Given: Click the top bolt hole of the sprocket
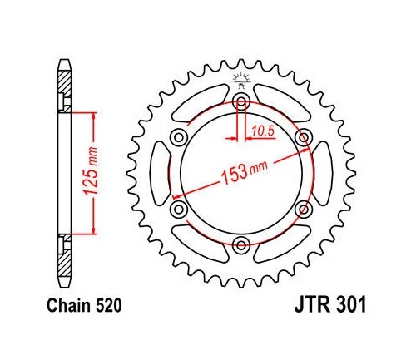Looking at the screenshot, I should [x=241, y=102].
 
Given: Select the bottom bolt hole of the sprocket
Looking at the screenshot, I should [x=241, y=244].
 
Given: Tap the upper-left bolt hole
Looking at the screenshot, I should [x=179, y=138].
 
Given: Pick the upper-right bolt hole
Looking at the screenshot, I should [x=303, y=138].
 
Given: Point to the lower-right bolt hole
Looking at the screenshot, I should [x=303, y=209].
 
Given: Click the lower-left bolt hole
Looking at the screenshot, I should [x=179, y=209].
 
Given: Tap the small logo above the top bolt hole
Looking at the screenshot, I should [x=241, y=81].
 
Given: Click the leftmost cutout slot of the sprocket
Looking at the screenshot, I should [x=161, y=173].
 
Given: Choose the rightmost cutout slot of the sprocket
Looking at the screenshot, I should [x=321, y=173].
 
